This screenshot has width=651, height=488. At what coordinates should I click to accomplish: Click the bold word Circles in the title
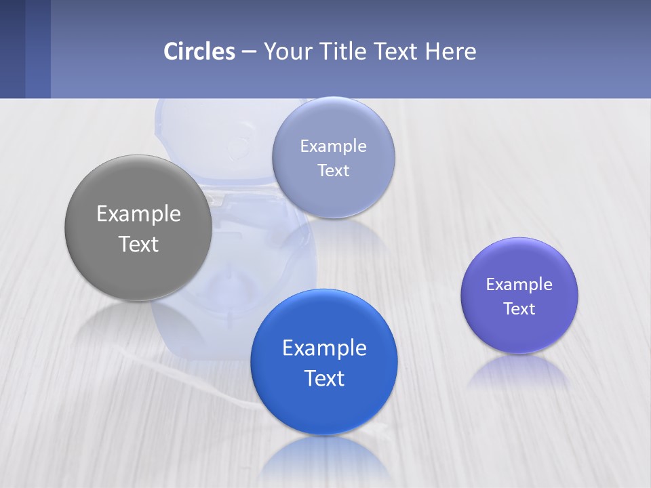click(199, 52)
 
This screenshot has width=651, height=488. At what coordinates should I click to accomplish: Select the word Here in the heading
click(450, 52)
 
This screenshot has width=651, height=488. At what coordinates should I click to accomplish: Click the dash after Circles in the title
click(249, 52)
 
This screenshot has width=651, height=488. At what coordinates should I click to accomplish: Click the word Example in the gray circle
click(138, 214)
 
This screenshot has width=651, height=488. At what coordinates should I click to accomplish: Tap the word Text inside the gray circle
click(138, 244)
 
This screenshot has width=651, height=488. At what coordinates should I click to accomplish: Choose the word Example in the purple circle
click(519, 284)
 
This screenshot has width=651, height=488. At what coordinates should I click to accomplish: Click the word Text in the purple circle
click(519, 308)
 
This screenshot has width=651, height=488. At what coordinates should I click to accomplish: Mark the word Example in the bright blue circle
click(324, 348)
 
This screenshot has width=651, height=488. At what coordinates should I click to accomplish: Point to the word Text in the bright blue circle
click(324, 378)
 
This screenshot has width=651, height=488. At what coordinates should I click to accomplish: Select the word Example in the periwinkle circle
click(333, 146)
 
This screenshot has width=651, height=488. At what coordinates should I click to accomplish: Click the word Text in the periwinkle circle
click(333, 170)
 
